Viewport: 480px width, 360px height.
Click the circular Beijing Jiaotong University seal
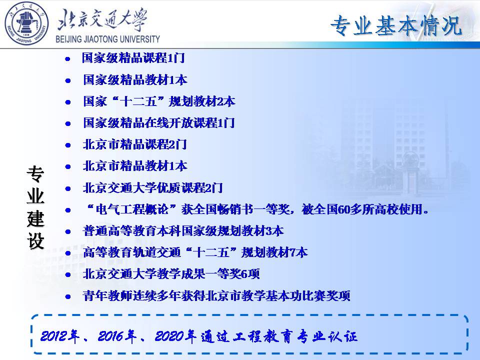click(x=26, y=23)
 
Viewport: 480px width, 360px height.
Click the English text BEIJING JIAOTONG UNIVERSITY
click(x=108, y=39)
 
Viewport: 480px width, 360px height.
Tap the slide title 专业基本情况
click(x=396, y=25)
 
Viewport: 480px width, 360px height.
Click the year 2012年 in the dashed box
click(x=59, y=336)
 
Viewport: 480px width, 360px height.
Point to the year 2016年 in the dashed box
click(x=117, y=336)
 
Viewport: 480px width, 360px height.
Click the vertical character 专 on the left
click(x=35, y=174)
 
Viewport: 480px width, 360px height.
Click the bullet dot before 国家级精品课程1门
click(x=67, y=59)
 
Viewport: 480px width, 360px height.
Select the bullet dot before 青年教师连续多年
click(x=67, y=296)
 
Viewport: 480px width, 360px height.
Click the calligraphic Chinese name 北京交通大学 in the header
click(x=102, y=20)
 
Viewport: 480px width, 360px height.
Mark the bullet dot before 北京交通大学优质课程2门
click(x=67, y=189)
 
